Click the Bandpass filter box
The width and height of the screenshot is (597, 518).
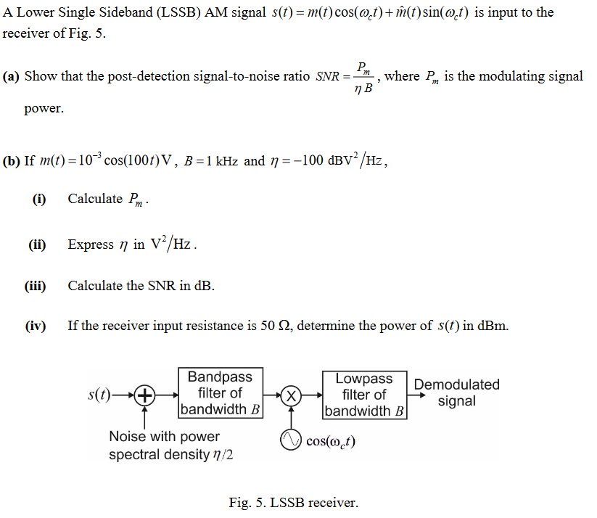221,393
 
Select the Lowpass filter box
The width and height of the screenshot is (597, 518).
364,395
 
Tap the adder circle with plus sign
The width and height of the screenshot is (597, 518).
145,395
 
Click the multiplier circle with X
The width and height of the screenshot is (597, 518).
291,395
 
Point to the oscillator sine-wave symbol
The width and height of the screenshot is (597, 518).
291,440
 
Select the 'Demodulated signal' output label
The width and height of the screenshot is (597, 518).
456,392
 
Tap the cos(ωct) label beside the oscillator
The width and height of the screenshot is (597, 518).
331,441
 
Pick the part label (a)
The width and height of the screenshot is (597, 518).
11,77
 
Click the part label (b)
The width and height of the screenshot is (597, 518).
12,161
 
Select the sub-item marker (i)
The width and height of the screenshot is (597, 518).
39,200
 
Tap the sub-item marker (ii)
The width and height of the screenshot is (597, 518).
38,244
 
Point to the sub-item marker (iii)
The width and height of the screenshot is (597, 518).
36,286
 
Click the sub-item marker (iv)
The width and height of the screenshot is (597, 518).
36,326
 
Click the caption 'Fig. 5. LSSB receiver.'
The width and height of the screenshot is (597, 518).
293,502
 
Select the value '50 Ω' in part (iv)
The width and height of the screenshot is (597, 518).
275,326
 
